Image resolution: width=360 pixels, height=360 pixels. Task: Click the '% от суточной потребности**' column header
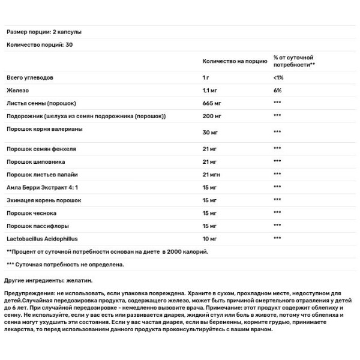coord(295,61)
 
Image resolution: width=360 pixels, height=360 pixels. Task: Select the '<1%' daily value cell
coord(278,78)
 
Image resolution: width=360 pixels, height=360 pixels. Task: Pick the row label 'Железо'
coord(17,90)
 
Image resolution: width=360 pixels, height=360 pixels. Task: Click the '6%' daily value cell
coord(277,90)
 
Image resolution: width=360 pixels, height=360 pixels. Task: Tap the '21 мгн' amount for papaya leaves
coord(212,175)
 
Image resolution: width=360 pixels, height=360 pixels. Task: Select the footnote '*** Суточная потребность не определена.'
coord(65,264)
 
